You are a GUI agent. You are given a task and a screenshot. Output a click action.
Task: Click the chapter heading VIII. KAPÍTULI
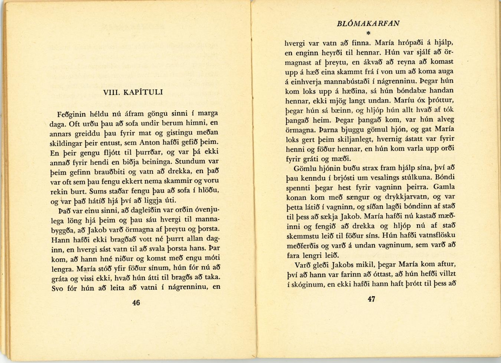(133, 92)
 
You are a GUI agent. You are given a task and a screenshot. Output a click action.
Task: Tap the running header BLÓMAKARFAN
(368, 24)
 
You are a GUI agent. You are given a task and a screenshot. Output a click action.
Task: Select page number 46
(136, 303)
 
